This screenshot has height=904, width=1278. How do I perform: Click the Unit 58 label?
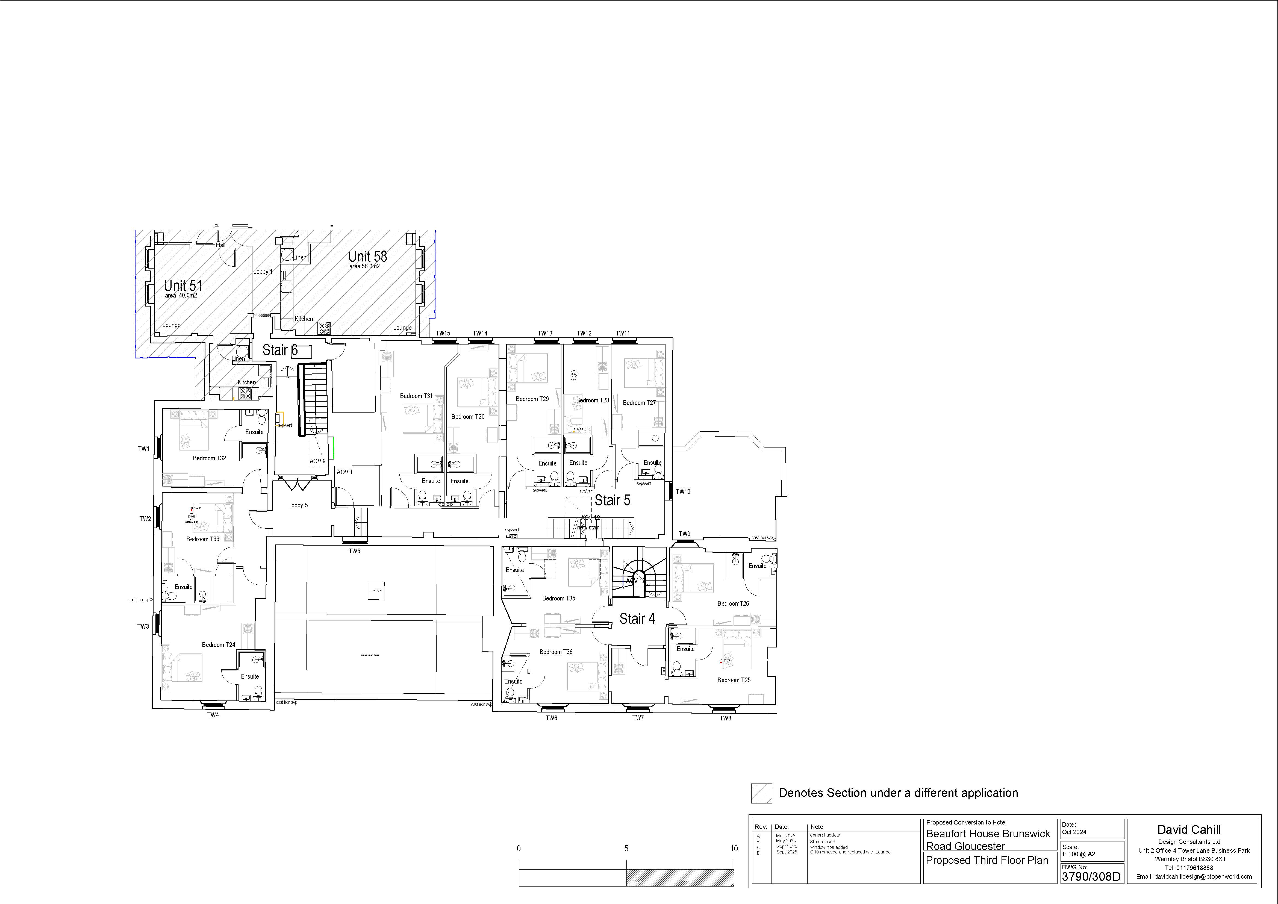367,257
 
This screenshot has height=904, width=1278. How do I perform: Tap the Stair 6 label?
280,350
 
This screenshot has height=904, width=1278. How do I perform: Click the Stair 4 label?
637,619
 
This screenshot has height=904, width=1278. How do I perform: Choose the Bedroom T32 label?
209,458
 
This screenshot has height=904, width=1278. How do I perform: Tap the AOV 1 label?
344,472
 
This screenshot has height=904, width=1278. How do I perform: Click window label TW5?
355,551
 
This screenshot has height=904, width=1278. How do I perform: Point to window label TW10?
683,491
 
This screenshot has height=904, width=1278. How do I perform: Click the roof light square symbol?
376,591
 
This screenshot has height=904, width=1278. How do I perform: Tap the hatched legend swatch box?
761,793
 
